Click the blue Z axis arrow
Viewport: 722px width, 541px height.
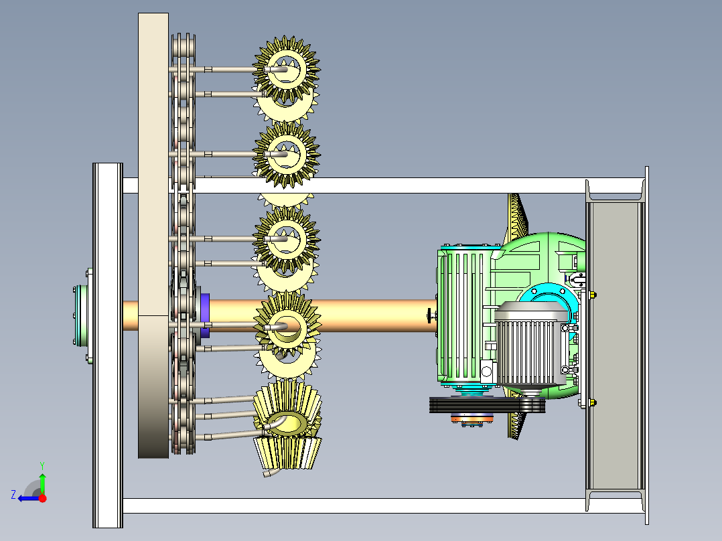[29, 498]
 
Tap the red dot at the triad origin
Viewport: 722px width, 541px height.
[42, 498]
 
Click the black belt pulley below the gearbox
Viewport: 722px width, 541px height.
[487, 405]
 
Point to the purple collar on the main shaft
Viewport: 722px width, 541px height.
[205, 315]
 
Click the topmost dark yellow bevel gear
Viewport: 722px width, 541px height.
[287, 70]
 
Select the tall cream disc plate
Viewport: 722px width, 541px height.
[153, 235]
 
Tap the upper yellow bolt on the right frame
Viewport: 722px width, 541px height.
[593, 295]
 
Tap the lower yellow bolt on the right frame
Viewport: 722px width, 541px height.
[593, 403]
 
